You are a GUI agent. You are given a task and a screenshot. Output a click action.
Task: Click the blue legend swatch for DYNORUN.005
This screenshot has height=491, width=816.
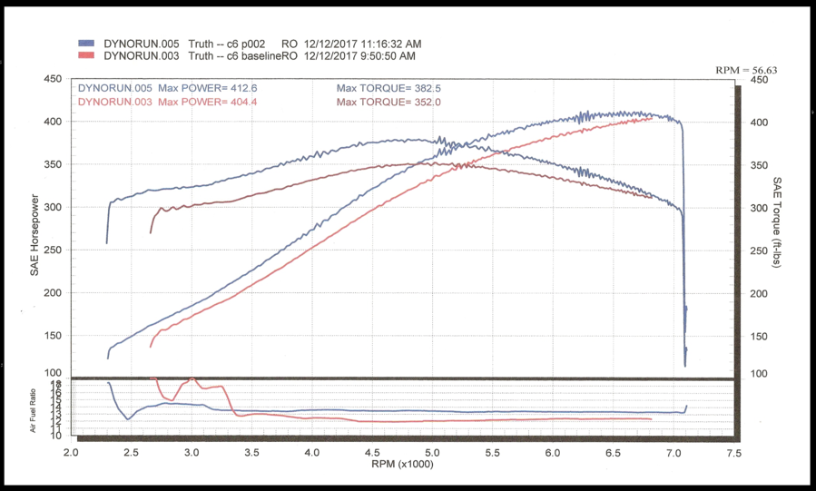[87, 44]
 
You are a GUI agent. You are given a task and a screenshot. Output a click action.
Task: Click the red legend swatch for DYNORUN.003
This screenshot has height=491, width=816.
[87, 55]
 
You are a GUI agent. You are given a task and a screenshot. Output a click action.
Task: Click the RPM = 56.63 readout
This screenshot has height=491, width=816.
[746, 69]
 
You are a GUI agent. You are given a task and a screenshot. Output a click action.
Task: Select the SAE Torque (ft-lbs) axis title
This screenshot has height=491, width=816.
[777, 222]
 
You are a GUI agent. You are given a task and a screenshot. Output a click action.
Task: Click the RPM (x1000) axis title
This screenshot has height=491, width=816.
[402, 464]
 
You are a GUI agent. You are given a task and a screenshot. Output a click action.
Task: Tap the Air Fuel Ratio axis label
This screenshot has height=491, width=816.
[34, 410]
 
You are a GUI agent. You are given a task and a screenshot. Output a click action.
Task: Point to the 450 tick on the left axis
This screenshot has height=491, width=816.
[53, 80]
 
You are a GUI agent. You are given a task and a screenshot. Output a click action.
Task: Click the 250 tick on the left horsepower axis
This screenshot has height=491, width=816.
[53, 250]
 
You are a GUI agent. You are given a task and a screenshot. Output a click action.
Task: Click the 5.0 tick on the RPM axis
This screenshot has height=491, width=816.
[432, 451]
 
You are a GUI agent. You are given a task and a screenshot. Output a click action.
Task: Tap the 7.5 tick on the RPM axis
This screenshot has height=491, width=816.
[732, 451]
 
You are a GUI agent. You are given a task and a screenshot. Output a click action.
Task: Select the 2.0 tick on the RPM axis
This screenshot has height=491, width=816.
[71, 451]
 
